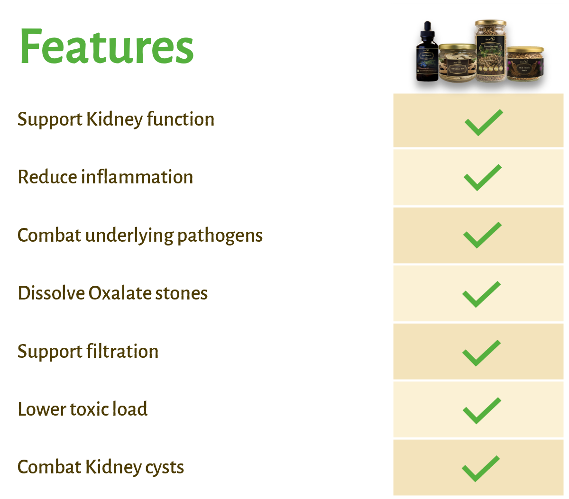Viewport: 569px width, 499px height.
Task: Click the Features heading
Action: [x=106, y=47]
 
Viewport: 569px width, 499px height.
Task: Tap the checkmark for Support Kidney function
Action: [x=483, y=122]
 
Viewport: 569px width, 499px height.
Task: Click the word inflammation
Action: [x=137, y=177]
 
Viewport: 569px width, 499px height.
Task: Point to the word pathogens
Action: [x=220, y=236]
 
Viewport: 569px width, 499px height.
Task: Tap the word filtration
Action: [x=123, y=352]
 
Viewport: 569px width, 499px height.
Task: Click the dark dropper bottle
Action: [x=427, y=54]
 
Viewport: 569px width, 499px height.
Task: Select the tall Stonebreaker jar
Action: [x=491, y=52]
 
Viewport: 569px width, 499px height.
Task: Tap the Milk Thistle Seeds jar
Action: [x=525, y=66]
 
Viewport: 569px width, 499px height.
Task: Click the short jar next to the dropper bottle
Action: [x=457, y=64]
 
